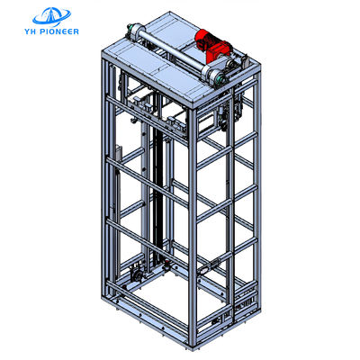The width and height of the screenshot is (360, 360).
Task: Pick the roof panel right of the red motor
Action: (236, 49)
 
